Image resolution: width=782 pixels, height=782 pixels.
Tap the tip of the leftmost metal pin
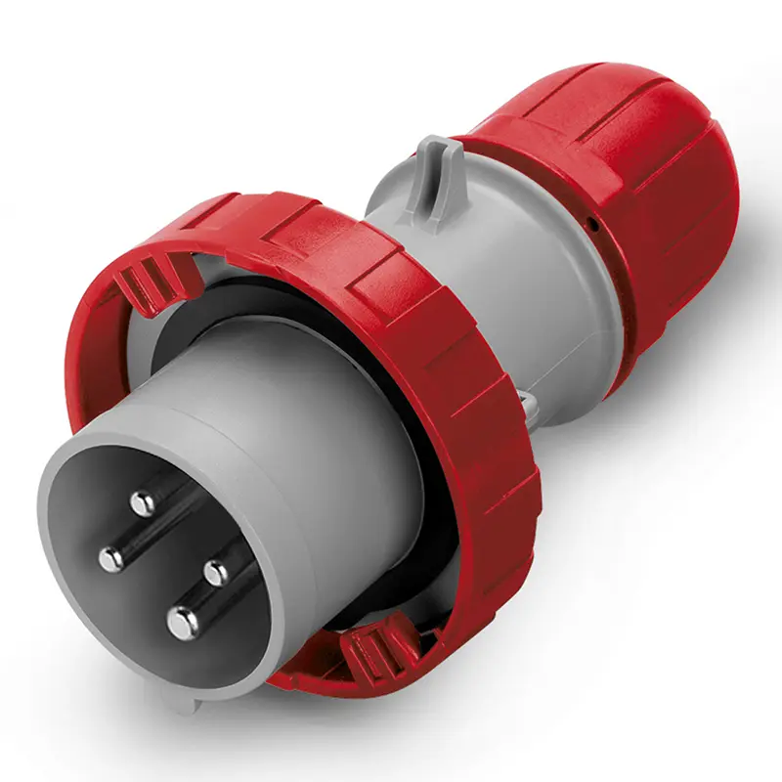(111, 558)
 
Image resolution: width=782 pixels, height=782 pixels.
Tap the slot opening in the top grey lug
(439, 156)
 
